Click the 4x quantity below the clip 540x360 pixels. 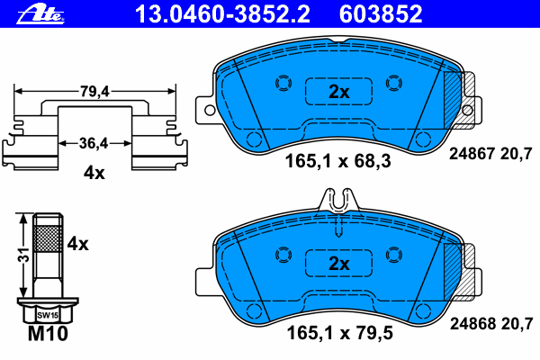94,174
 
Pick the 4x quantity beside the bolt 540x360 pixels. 78,242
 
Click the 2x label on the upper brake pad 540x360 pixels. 338,91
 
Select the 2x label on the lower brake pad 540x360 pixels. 338,264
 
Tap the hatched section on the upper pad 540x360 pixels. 465,90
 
